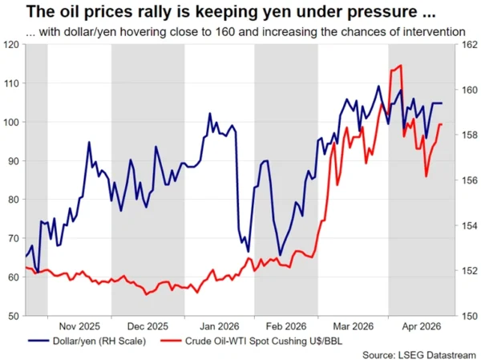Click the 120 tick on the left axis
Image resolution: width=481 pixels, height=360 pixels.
[13, 45]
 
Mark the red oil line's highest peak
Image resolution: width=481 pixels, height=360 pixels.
[399, 66]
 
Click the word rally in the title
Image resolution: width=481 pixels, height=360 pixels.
[100, 12]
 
